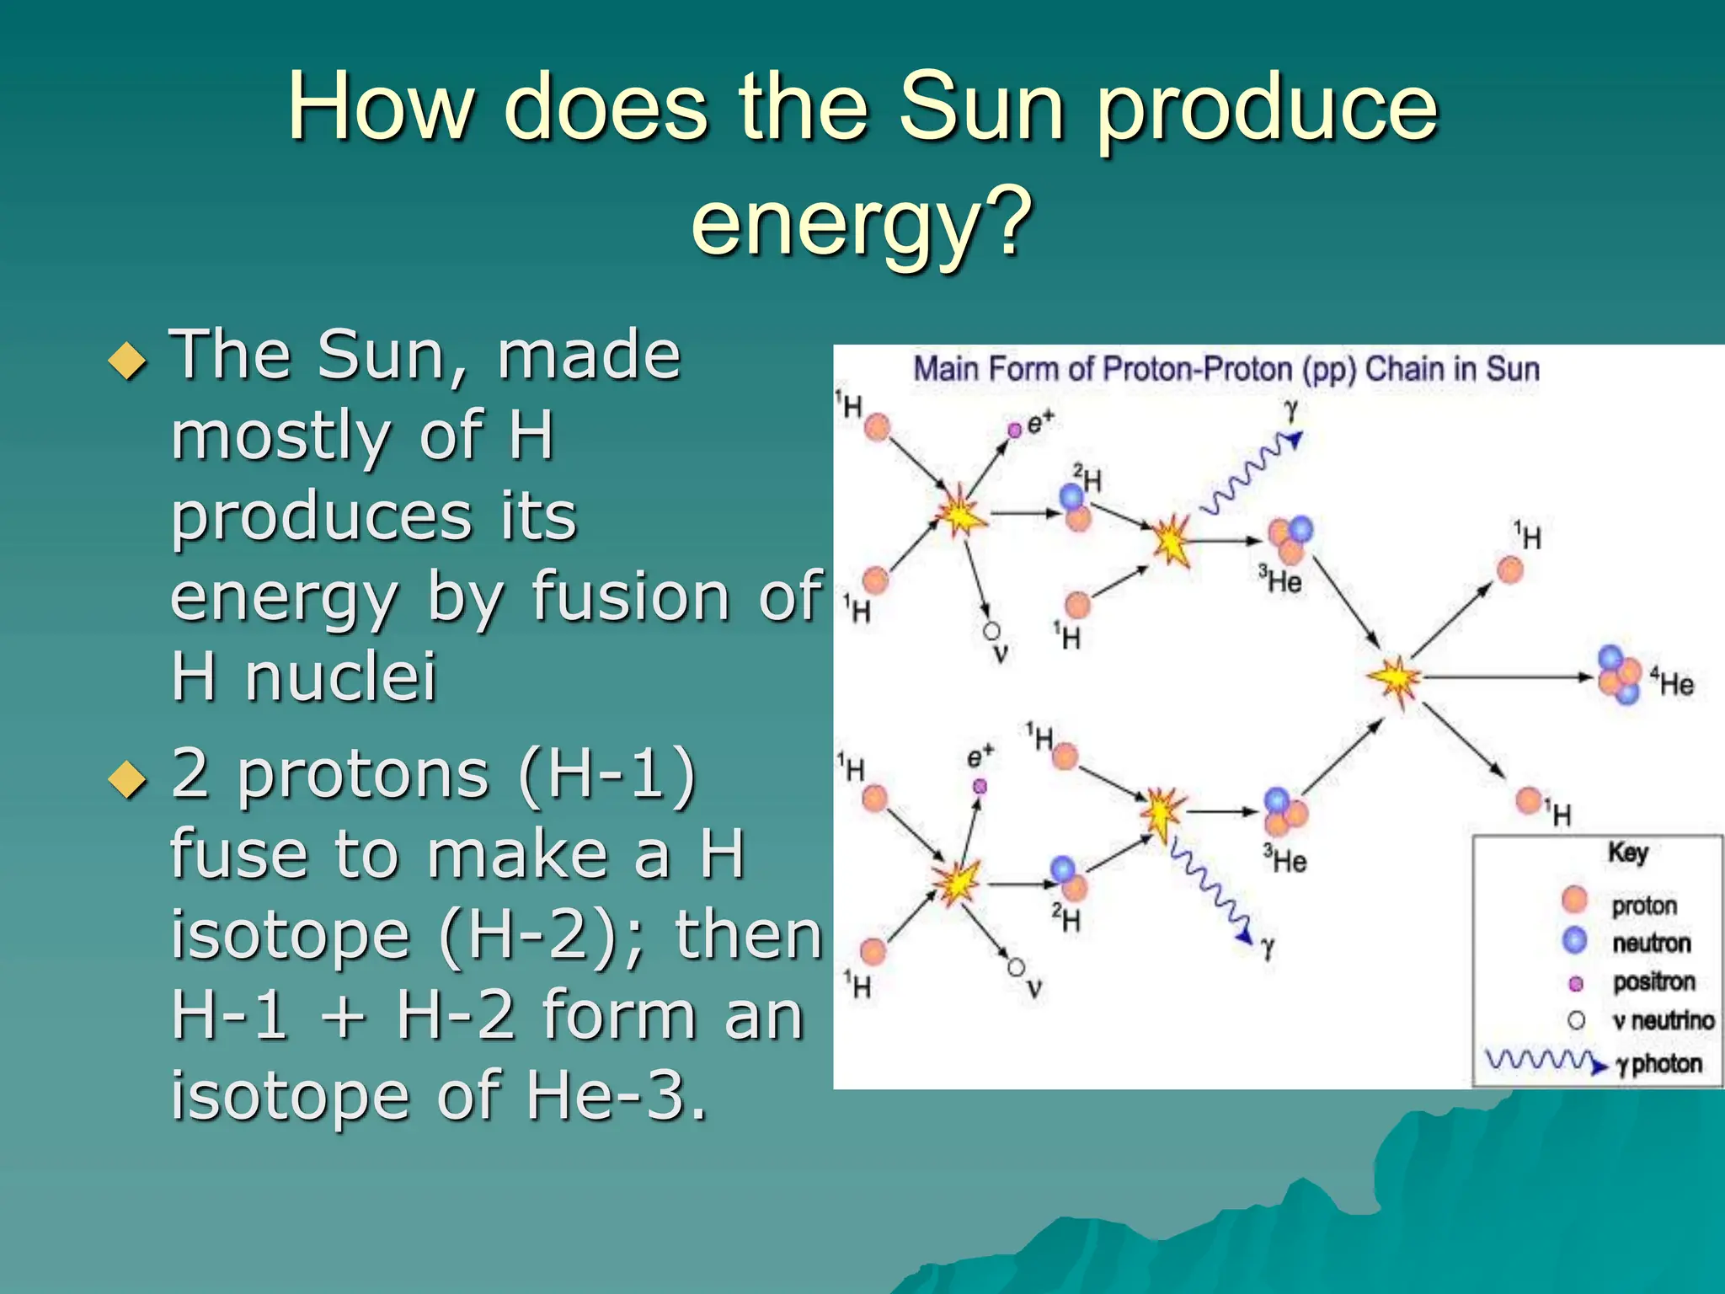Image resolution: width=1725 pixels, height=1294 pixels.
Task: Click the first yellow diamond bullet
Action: click(128, 361)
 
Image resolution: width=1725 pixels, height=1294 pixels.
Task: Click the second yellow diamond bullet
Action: click(128, 779)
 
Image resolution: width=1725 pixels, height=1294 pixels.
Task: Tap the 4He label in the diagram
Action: click(1672, 682)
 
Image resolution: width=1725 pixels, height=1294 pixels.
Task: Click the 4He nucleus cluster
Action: click(1619, 675)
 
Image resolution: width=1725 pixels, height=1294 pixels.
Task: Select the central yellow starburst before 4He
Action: click(1395, 678)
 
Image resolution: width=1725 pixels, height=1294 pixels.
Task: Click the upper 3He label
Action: click(1280, 580)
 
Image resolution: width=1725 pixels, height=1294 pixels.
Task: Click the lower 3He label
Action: click(1285, 859)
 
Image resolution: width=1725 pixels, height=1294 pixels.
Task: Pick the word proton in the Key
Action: click(1644, 906)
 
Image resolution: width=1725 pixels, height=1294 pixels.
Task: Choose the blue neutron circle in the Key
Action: click(1574, 941)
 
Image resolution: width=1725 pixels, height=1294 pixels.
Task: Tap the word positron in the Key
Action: click(1653, 981)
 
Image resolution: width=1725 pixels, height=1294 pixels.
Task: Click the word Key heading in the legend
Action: click(1628, 853)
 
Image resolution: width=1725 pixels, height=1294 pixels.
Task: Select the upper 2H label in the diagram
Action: click(1087, 479)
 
